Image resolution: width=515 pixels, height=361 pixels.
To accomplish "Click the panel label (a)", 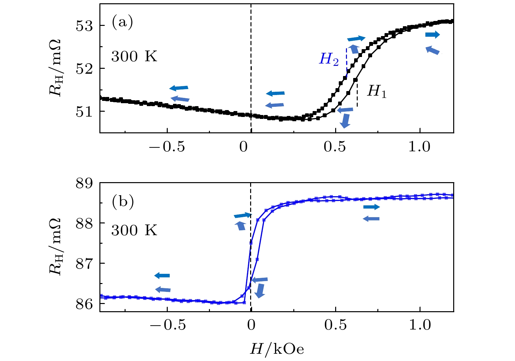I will tap(122, 23).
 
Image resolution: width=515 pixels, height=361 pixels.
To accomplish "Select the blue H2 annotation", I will tap(329, 59).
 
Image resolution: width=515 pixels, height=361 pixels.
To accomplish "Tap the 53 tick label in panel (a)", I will tap(85, 26).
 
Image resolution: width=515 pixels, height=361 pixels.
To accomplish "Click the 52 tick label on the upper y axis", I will tap(85, 69).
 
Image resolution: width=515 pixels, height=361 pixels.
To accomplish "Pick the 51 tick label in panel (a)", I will tap(85, 112).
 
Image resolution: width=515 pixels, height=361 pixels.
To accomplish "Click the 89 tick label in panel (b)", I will tap(85, 183).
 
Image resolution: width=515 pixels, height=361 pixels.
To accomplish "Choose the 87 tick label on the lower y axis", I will tap(85, 264).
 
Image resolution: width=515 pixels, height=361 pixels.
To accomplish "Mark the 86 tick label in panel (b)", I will tap(85, 304).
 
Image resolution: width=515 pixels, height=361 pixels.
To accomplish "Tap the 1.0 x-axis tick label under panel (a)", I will tap(420, 146).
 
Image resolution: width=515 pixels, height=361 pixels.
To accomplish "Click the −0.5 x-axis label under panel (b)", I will tap(167, 325).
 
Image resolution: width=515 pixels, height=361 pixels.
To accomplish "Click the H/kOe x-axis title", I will tap(277, 349).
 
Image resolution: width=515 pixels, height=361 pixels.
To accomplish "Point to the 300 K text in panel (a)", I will tap(134, 56).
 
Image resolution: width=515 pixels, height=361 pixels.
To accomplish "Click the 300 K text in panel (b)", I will tap(134, 230).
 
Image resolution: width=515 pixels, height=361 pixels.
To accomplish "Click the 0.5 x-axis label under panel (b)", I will tap(335, 325).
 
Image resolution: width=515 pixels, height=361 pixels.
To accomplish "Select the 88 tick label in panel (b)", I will tap(85, 223).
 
